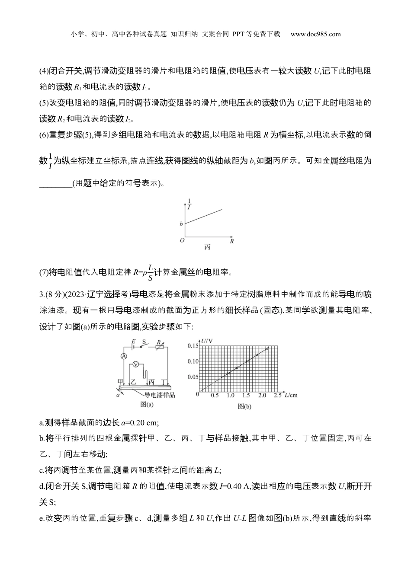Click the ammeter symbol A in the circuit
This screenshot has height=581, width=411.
pyautogui.click(x=123, y=356)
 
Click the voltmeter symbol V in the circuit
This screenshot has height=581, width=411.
pyautogui.click(x=135, y=364)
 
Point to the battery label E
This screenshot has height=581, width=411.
pyautogui.click(x=133, y=341)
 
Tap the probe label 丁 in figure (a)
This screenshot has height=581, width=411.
pyautogui.click(x=164, y=382)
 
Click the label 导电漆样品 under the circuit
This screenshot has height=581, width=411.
pyautogui.click(x=160, y=395)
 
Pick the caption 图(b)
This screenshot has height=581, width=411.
pyautogui.click(x=244, y=406)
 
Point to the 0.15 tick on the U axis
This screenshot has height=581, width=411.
pyautogui.click(x=193, y=346)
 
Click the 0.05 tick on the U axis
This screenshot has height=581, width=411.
pyautogui.click(x=193, y=377)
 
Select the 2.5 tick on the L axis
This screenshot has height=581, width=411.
pyautogui.click(x=278, y=396)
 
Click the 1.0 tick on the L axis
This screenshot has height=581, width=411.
pyautogui.click(x=231, y=396)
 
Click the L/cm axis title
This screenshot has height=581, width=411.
pyautogui.click(x=291, y=395)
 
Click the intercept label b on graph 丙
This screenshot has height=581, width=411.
pyautogui.click(x=181, y=224)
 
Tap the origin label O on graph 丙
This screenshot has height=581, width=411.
pyautogui.click(x=182, y=240)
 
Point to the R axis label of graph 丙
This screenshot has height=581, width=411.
pyautogui.click(x=232, y=241)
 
